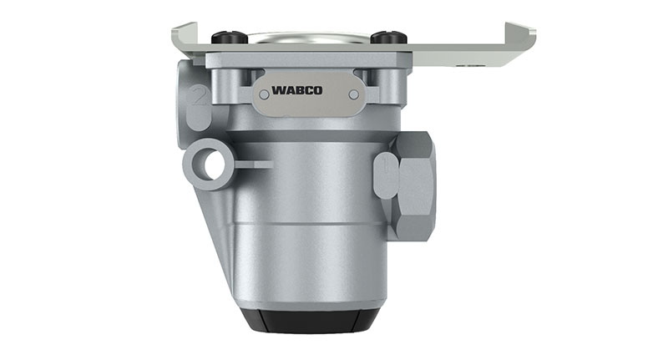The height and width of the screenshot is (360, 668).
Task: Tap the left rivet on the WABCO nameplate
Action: pos(265,94)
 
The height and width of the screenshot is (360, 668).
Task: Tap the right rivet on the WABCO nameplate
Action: pos(353,94)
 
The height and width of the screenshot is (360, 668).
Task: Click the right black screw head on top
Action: pos(388,37)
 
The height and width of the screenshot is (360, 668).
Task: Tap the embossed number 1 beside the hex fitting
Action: pos(385,176)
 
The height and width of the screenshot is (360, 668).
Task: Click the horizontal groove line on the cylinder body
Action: pos(309,222)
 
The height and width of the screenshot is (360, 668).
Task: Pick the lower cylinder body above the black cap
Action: pos(310,267)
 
